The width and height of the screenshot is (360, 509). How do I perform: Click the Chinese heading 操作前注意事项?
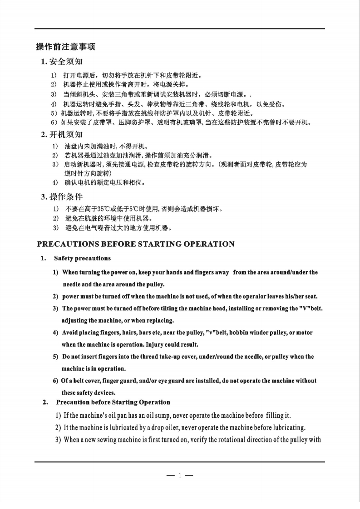pos(65,47)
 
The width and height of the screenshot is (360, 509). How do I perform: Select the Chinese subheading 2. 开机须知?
pos(62,134)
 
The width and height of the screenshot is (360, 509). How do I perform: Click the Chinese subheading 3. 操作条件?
pos(62,196)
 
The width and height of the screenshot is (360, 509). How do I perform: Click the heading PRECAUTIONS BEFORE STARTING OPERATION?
pos(136,244)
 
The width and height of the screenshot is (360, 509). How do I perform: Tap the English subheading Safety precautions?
pos(82,258)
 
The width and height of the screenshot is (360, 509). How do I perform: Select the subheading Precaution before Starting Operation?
pos(113,402)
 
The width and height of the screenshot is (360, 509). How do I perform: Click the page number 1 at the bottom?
pos(179,476)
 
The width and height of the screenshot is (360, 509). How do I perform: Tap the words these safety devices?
pos(89,392)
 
